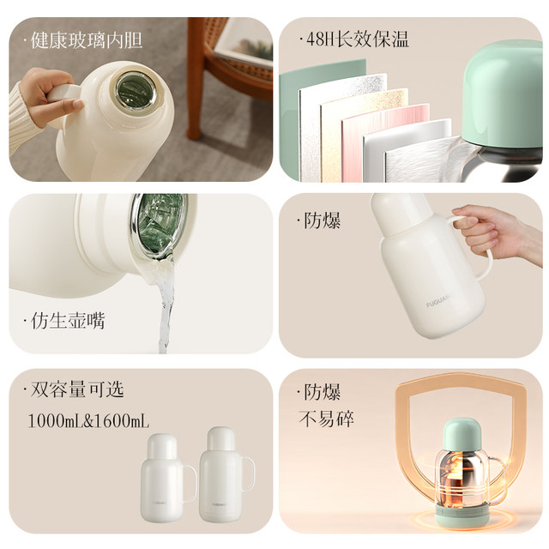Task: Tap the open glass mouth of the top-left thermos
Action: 134,90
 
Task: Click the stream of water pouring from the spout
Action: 165,309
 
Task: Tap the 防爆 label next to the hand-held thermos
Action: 323,220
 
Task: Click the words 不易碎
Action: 325,419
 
